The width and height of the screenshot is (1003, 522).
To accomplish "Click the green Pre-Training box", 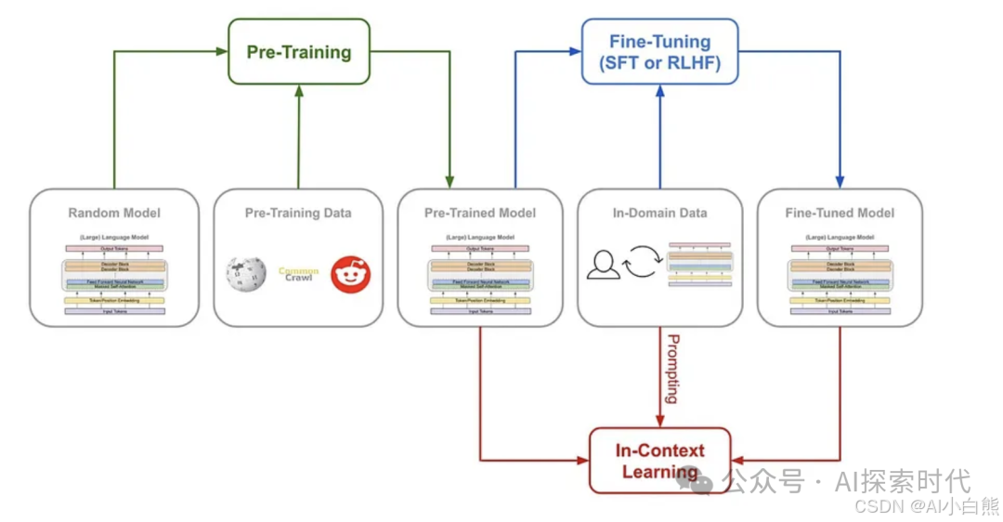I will pos(299,51).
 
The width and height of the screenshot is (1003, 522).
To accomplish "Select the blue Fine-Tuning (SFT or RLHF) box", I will pos(659,52).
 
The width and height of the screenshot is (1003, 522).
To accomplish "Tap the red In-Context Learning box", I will pos(660,461).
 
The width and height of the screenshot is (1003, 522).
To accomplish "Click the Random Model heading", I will pos(114,213).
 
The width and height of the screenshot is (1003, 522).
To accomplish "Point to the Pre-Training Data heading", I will pos(298,213).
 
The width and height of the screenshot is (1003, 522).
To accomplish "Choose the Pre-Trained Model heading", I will pos(479,213).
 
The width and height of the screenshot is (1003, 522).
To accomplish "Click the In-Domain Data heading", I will pos(659,213).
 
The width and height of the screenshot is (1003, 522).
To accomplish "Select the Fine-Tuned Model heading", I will pos(840,213).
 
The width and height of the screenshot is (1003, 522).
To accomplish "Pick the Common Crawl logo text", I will pos(298,274).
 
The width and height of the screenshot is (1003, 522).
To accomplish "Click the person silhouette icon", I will pos(603,265).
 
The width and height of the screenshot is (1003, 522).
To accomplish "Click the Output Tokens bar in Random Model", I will pos(114,248).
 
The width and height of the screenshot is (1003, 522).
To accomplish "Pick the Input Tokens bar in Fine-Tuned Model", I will pos(840,311).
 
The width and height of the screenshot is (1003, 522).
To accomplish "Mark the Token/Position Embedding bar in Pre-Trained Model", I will pos(479,300).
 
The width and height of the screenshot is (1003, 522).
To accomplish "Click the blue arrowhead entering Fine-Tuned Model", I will pos(840,181).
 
